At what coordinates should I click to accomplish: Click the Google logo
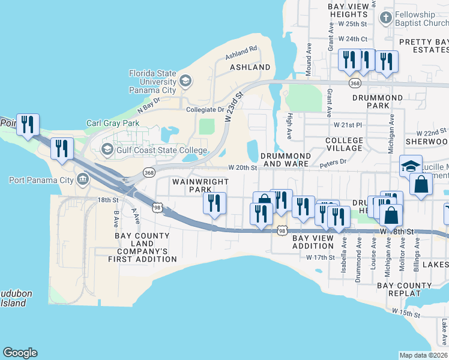point(20,353)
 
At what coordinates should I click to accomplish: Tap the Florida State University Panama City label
point(153,82)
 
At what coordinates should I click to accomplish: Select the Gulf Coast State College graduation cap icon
point(108,149)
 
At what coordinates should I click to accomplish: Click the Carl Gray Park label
point(113,124)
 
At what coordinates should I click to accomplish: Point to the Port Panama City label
point(41,179)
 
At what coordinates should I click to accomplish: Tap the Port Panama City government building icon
point(82,179)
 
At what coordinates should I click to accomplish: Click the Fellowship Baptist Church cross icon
point(385,18)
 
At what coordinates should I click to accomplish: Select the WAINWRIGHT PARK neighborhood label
point(193,185)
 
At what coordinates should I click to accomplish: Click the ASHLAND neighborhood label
point(250,67)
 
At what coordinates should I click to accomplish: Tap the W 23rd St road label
point(234,106)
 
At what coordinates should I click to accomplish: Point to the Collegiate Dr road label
point(205,110)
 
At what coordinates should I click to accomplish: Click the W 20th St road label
point(243,168)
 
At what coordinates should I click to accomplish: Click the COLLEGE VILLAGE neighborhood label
point(344,144)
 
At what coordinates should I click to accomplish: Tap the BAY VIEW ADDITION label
point(312,242)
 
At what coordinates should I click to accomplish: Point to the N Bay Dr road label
point(149,105)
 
